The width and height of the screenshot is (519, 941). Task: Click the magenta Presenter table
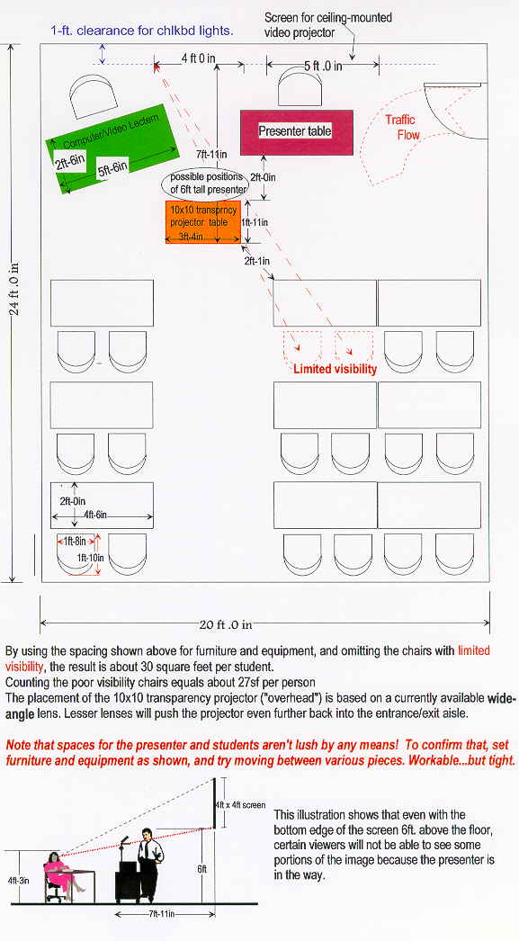click(x=297, y=132)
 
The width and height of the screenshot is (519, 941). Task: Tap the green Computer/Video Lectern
click(x=112, y=148)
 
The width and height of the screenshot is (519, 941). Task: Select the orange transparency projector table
click(x=202, y=222)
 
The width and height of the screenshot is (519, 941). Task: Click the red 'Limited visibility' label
click(x=335, y=369)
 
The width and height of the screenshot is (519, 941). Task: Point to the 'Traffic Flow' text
click(x=402, y=127)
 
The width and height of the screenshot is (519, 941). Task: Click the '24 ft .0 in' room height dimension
click(x=15, y=289)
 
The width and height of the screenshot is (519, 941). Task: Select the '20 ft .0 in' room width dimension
click(x=226, y=624)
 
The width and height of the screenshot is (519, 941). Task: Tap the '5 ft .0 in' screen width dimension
click(x=323, y=66)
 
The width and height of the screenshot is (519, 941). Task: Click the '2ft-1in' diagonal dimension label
click(x=256, y=261)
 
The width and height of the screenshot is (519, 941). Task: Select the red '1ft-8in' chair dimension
click(x=75, y=542)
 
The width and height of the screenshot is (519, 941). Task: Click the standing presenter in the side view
click(x=148, y=861)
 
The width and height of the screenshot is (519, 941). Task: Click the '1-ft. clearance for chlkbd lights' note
click(x=141, y=31)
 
